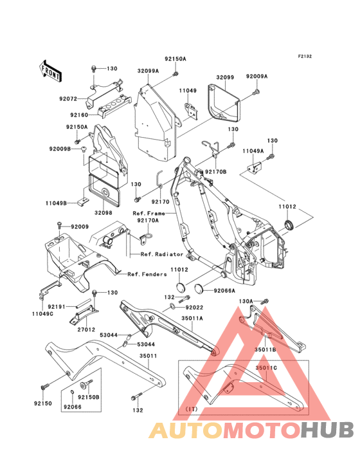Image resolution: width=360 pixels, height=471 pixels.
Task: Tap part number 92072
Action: tap(68, 99)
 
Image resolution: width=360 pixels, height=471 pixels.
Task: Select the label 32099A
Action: tap(148, 71)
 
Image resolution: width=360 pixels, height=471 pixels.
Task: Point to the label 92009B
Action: tap(60, 149)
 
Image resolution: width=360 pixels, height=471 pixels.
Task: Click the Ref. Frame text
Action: tap(148, 213)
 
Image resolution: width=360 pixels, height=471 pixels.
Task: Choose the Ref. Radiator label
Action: tap(162, 254)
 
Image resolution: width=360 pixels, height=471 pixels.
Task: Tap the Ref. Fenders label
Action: tap(147, 274)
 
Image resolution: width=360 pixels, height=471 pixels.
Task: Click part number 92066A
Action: tap(224, 290)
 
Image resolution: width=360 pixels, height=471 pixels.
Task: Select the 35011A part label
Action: tap(192, 318)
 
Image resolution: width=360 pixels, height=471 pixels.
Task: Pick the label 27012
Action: tap(85, 329)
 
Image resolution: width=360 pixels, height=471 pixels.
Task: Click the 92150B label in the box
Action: tap(89, 397)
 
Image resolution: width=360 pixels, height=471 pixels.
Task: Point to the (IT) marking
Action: tap(191, 409)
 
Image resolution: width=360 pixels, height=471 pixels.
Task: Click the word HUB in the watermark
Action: tap(327, 430)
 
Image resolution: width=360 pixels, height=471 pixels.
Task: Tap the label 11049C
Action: tap(42, 314)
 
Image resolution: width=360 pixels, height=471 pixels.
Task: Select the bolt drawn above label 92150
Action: tap(45, 387)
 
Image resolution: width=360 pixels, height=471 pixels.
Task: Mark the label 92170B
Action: tap(216, 172)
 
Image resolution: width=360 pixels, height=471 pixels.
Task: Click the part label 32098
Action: tap(104, 213)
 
